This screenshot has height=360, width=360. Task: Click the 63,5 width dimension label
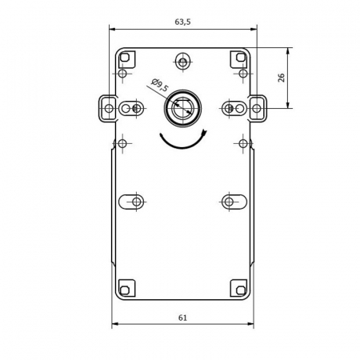pos(182,22)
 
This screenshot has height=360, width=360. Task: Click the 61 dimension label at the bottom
pos(182,318)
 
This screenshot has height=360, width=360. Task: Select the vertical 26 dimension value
pos(282,78)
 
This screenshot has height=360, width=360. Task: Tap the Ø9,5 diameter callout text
pos(160,85)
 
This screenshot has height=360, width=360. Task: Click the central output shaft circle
pos(182,108)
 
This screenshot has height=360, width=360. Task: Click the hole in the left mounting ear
pos(109,109)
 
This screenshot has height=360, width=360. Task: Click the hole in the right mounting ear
pos(257,109)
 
